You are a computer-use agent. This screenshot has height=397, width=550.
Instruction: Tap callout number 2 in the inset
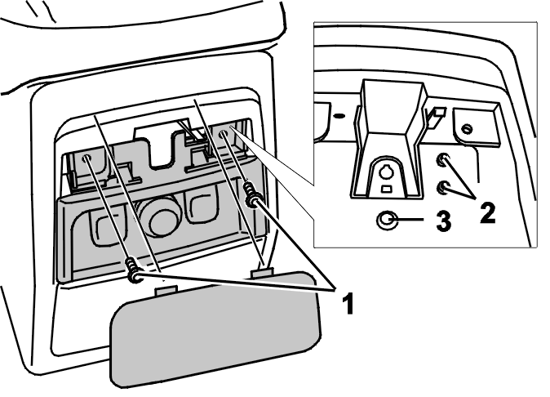[487, 212]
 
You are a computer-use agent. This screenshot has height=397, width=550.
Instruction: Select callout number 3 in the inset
[443, 221]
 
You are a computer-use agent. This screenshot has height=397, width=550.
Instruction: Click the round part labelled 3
[387, 221]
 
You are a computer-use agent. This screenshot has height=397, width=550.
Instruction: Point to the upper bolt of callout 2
[442, 160]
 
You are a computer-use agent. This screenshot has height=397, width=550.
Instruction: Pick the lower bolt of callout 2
[443, 187]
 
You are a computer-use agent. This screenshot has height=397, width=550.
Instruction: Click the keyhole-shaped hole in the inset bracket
[386, 172]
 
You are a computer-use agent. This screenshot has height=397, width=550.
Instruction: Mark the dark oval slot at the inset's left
[339, 115]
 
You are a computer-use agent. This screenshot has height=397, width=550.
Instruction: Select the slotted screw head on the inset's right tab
[467, 129]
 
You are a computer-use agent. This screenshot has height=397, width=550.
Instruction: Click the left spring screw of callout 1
[134, 270]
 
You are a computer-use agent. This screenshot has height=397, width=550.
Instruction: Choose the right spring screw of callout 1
[251, 194]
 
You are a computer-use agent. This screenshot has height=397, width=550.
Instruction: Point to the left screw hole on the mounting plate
[86, 158]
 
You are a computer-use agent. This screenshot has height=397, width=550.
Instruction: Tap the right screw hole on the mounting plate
[223, 134]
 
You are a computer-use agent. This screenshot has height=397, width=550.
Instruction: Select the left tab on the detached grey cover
[166, 290]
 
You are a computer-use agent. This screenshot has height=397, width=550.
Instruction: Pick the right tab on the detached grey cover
[262, 273]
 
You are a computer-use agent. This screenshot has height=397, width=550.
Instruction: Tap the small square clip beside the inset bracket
[437, 113]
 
